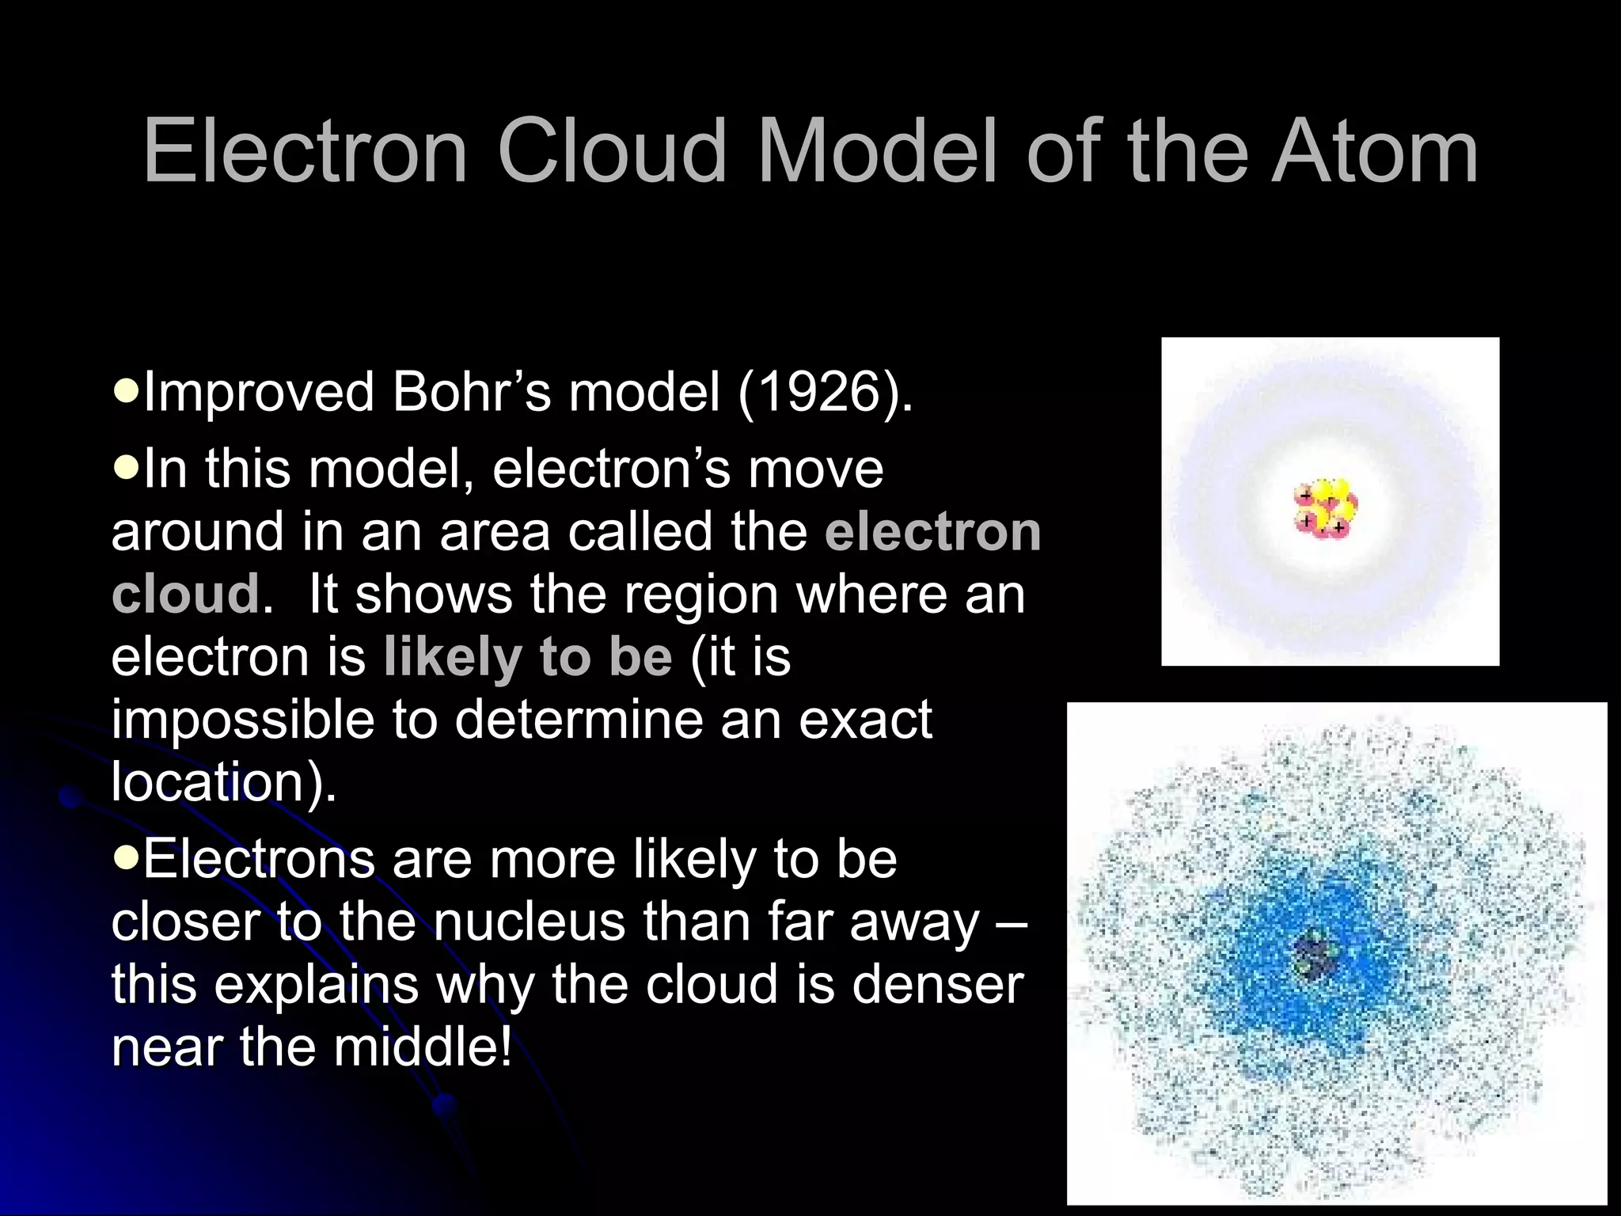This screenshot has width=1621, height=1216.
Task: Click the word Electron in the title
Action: [x=306, y=150]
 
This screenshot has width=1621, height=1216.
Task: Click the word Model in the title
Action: [x=878, y=150]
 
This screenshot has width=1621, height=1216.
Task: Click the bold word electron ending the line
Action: [x=932, y=532]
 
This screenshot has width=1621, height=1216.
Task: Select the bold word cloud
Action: [x=185, y=595]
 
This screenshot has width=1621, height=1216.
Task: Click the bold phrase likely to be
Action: [x=528, y=657]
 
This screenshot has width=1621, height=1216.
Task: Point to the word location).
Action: [x=224, y=782]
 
